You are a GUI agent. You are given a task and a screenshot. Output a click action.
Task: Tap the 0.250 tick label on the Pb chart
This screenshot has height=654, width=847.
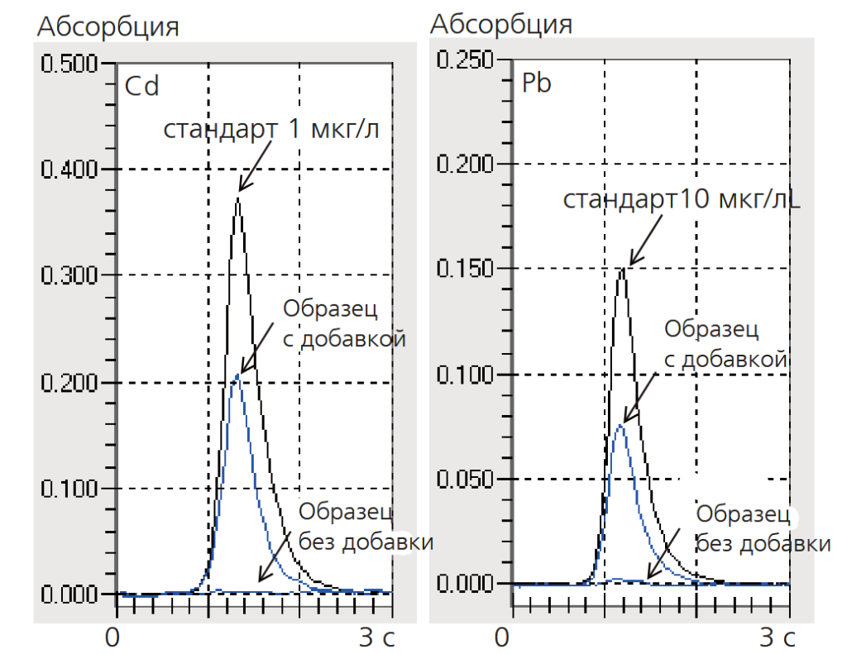[465, 60]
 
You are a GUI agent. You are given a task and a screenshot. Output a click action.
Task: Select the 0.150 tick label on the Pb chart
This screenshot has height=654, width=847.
[465, 270]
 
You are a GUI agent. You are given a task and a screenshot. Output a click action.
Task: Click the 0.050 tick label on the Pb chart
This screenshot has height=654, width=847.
[465, 479]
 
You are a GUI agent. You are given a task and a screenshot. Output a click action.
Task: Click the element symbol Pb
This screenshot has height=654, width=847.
[537, 84]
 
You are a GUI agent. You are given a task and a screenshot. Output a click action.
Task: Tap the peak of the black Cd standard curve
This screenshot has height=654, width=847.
[238, 198]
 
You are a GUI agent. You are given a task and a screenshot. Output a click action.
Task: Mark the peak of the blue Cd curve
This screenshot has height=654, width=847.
[238, 375]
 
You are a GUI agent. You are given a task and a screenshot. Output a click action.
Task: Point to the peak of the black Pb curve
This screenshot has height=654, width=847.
[622, 268]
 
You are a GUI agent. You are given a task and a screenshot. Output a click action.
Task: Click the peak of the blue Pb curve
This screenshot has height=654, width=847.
[620, 425]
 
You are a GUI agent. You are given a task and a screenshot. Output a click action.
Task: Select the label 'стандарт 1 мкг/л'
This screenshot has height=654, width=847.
[270, 130]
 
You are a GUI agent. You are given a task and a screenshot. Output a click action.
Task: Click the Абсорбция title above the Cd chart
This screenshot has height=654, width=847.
[108, 26]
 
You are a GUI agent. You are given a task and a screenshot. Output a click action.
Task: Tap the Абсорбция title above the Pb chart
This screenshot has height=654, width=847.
[501, 24]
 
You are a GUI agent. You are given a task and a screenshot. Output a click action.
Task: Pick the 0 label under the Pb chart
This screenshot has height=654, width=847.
[501, 638]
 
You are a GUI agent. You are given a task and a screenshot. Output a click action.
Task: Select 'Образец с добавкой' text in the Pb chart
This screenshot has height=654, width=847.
[723, 343]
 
